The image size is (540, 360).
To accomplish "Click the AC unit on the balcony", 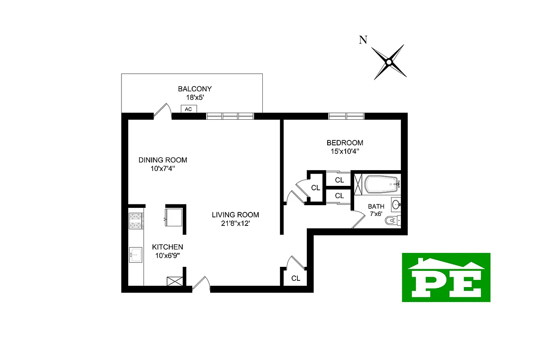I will click(188, 108).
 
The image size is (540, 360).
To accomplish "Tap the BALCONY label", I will click(194, 89).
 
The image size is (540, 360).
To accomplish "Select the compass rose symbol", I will click(389, 62).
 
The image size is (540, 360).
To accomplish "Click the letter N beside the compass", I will click(362, 40).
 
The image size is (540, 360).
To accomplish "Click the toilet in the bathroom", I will click(392, 220).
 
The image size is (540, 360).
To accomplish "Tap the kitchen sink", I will click(135, 255).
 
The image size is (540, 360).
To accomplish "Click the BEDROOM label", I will click(345, 143).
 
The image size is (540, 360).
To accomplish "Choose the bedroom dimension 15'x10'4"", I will click(345, 152).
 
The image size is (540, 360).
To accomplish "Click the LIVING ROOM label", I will click(235, 215).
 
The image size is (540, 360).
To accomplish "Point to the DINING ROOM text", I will click(162, 160).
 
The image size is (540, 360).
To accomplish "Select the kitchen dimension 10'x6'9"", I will click(167, 256).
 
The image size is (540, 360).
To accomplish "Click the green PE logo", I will click(446, 277).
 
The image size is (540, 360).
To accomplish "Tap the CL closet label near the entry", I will click(296, 279).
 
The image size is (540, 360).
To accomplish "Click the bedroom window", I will click(346, 116).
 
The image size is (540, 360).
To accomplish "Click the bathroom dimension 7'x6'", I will click(376, 214).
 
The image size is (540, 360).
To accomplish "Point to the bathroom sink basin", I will click(396, 205).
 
